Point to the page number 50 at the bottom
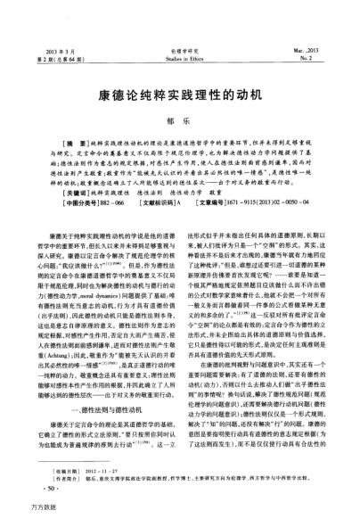pyautogui.click(x=49, y=487)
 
